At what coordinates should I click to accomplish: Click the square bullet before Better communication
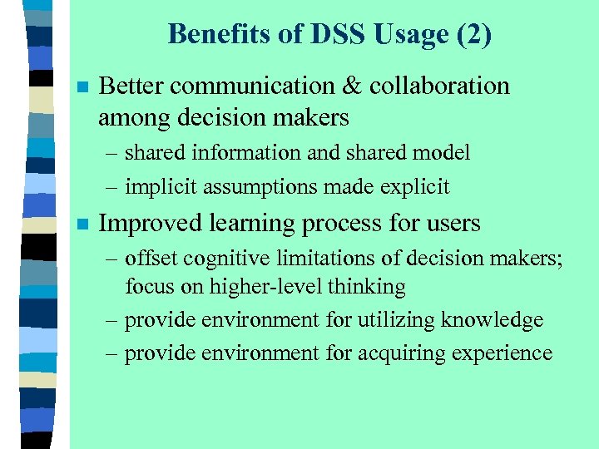click(81, 87)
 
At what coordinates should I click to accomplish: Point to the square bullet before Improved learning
click(81, 224)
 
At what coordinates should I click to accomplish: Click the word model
click(442, 153)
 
